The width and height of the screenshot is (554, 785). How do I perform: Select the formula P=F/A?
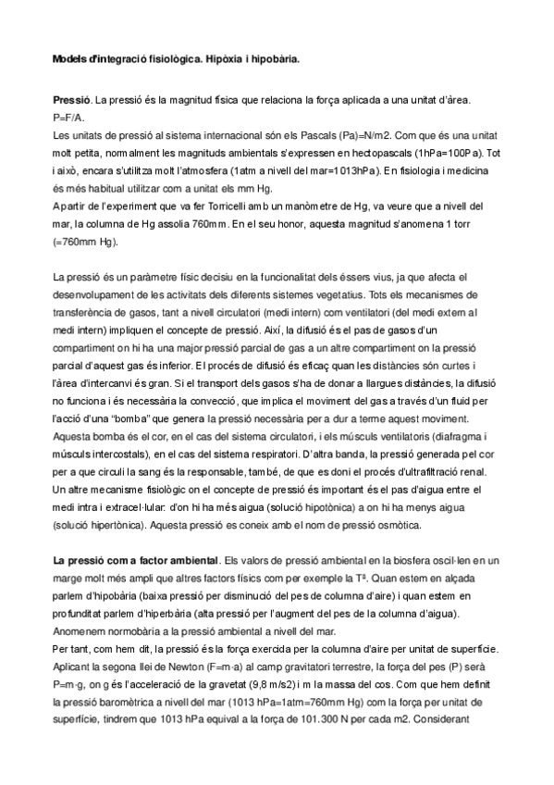point(68,118)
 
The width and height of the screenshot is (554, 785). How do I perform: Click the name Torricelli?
point(210,206)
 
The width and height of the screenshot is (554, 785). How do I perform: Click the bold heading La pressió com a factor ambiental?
point(136,560)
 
